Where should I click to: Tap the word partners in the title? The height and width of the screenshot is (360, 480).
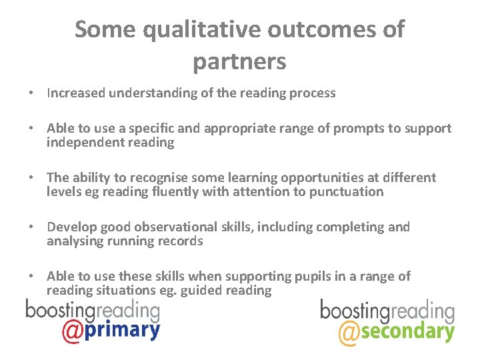click(x=239, y=61)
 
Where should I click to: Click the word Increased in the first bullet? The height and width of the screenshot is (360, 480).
click(x=75, y=93)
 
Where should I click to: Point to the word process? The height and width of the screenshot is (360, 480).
click(x=311, y=93)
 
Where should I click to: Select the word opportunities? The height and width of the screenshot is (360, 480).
click(x=321, y=177)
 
